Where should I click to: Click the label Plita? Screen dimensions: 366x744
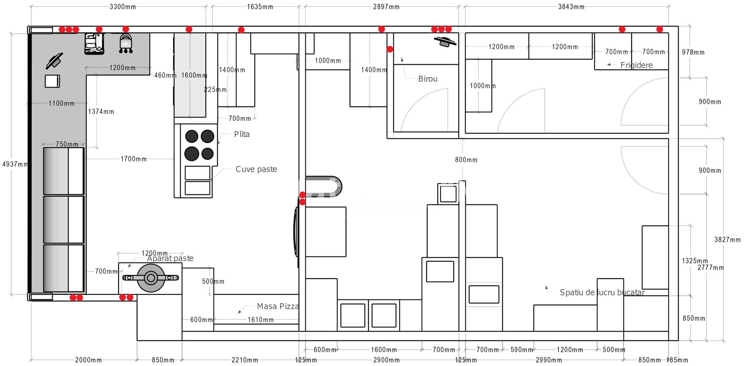point(242,134)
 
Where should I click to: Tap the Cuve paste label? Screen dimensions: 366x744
point(256,169)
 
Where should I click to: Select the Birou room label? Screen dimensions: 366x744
point(428,79)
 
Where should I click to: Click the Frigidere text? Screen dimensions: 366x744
point(636,65)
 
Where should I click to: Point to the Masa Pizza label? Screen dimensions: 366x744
point(277,306)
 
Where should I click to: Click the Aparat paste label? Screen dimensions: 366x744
point(170,258)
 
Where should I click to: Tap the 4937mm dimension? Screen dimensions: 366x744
point(15,164)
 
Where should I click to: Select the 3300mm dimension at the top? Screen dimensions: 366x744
point(122,7)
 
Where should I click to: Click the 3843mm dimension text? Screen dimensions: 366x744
point(571,7)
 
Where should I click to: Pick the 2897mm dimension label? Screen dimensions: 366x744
point(386,7)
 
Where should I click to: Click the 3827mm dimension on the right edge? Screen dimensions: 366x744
point(727,239)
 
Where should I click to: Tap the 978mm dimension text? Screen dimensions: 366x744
point(693,52)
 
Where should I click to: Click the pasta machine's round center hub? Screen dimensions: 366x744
point(151,278)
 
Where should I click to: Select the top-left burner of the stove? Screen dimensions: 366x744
point(192,136)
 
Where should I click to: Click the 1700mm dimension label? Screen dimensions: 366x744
point(133,159)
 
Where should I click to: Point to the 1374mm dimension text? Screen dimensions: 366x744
point(101,111)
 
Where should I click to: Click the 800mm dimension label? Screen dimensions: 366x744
point(466,160)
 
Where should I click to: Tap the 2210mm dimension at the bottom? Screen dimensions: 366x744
point(245,360)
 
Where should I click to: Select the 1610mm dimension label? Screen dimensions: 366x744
point(260,320)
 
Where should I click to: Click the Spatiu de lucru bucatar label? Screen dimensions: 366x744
point(602,292)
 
